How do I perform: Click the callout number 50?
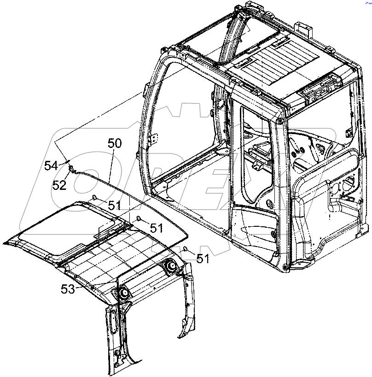tap(115, 143)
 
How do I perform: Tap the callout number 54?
tap(51, 165)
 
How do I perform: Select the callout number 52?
tap(59, 185)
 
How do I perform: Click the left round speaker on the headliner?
tap(123, 294)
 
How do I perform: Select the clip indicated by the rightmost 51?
tap(185, 249)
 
